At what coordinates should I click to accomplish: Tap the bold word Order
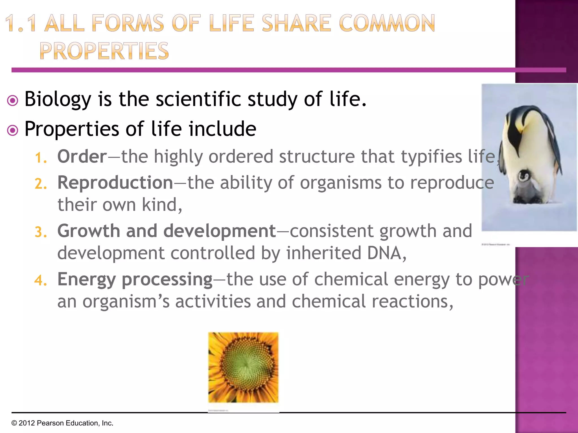point(82,156)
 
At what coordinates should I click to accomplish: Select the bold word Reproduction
point(115,183)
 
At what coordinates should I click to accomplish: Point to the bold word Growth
point(89,231)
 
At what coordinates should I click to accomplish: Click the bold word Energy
point(86,280)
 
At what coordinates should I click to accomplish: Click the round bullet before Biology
point(13,101)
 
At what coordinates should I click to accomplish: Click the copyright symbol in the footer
point(14,423)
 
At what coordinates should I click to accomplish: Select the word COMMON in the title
point(387,23)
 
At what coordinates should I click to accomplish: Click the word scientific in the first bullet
point(198,99)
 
